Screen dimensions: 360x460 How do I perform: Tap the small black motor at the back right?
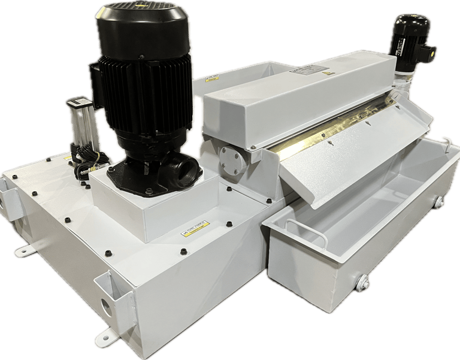tap(410, 33)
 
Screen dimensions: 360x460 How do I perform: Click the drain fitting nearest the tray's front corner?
tap(362, 283)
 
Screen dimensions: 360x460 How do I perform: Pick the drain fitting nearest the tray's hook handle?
tap(439, 202)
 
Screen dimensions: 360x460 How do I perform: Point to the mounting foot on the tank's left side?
tap(25, 250)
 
